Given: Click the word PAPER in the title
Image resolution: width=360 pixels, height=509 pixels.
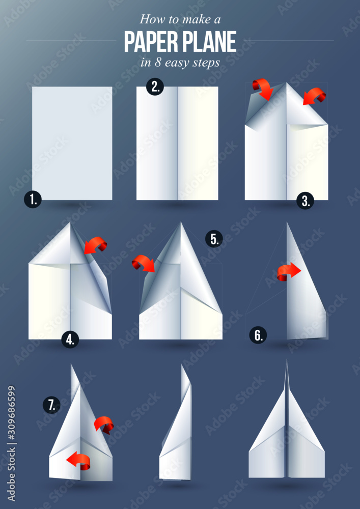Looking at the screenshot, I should coord(152,42).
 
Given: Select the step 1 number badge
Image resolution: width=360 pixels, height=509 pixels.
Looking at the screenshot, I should coord(33,199).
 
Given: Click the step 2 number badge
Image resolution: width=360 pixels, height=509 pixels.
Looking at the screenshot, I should coord(155,87).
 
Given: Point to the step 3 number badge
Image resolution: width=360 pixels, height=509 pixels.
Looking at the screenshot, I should coord(305,201).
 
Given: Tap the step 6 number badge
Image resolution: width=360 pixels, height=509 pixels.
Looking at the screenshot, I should coord(259,335).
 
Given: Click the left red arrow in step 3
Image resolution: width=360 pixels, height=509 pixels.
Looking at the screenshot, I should coord(263,88).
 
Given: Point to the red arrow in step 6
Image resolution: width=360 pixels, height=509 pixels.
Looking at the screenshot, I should coord(289,271).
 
